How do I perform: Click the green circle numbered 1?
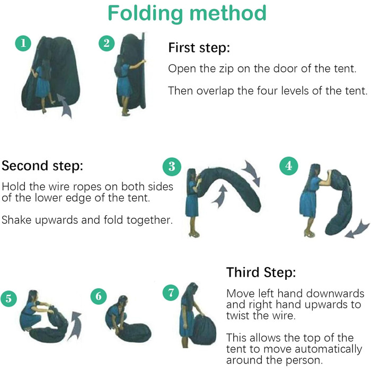23,43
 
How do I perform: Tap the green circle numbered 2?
107,43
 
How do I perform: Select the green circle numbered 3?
172,166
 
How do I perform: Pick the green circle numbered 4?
289,166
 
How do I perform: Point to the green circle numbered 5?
8,298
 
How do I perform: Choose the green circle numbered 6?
99,296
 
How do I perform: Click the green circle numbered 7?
171,293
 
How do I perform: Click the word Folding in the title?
145,13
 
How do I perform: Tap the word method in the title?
228,13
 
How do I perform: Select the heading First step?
199,48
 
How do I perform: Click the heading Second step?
42,166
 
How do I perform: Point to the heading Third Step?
261,272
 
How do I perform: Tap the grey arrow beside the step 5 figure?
75,326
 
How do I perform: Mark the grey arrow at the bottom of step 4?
357,229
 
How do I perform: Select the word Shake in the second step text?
16,220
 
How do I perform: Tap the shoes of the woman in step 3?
194,235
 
